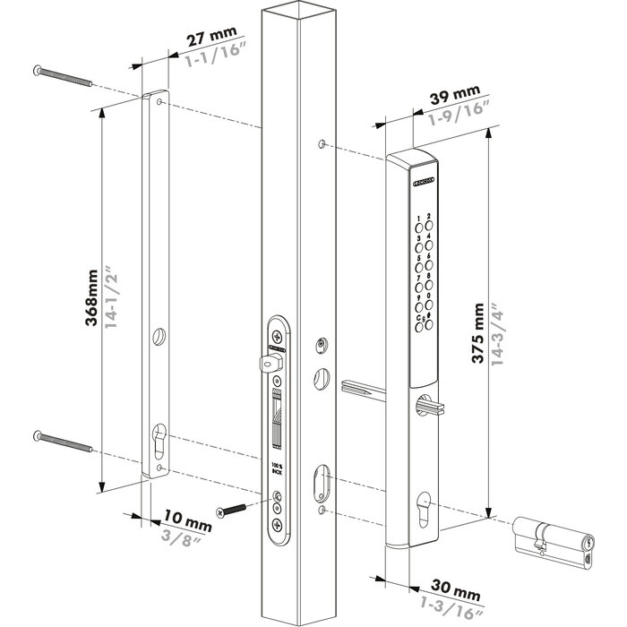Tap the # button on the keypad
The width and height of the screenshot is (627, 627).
pos(428,316)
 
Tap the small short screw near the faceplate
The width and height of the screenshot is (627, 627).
pos(232,509)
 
